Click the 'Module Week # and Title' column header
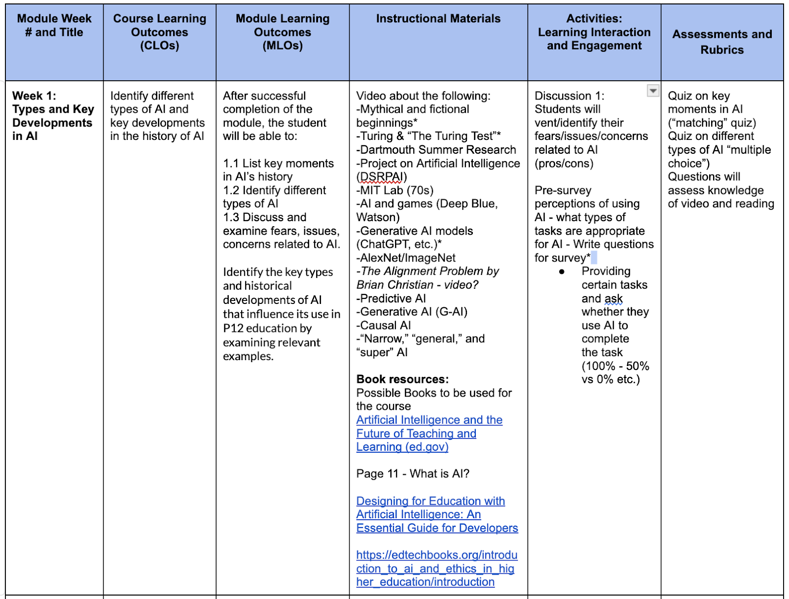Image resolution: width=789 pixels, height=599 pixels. point(54,26)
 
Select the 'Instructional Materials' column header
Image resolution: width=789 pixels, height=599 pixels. point(438,19)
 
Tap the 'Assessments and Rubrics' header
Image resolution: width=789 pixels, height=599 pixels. point(722,42)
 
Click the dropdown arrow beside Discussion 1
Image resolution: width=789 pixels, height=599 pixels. point(653,91)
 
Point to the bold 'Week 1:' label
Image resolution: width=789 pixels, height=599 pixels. point(34,96)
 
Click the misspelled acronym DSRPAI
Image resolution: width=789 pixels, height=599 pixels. point(382,177)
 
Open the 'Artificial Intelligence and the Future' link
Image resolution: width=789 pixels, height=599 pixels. point(429,420)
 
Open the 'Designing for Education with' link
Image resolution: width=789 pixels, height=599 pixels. point(430,501)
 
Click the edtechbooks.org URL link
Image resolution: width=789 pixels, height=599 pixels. point(436,568)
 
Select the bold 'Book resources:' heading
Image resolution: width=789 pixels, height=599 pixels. point(402,379)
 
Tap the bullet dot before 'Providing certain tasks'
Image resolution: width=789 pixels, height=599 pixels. point(562,272)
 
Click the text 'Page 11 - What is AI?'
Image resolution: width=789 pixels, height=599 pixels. point(413,474)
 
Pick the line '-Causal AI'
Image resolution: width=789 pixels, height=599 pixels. point(384,325)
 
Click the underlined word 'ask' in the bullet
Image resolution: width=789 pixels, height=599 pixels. point(613,299)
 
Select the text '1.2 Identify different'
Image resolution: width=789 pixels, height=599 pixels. point(274,190)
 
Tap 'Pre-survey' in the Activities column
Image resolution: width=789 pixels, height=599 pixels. point(563,190)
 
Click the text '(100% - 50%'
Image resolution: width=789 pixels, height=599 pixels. point(615,366)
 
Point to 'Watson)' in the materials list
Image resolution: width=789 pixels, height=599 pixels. point(378,217)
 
